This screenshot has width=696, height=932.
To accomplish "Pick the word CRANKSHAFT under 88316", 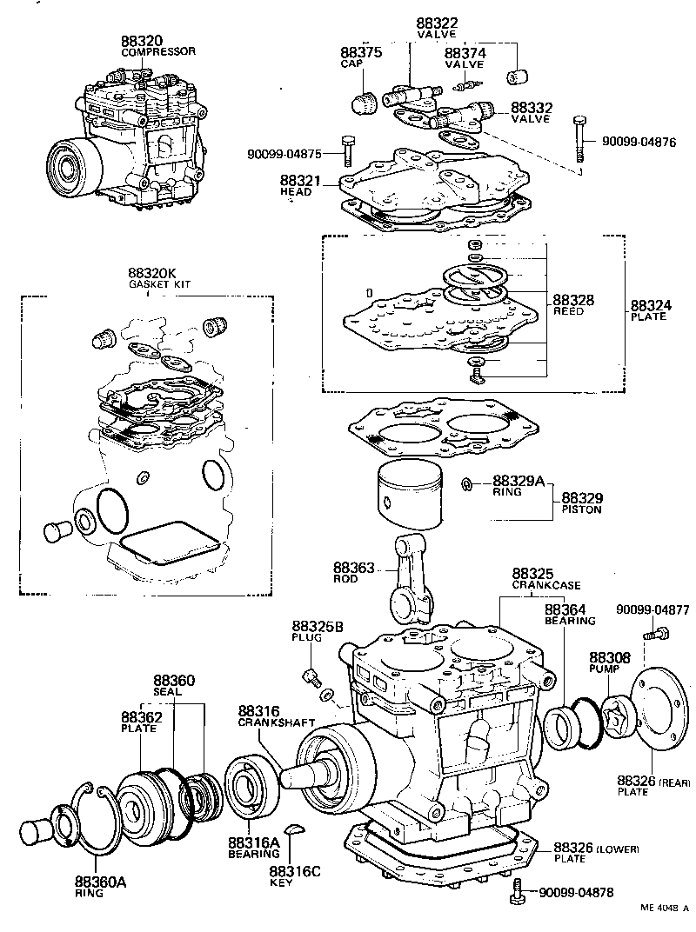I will coord(268,722).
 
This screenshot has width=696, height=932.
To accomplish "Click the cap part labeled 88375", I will coord(363,103).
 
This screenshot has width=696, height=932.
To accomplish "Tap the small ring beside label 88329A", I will coord(467,483).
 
